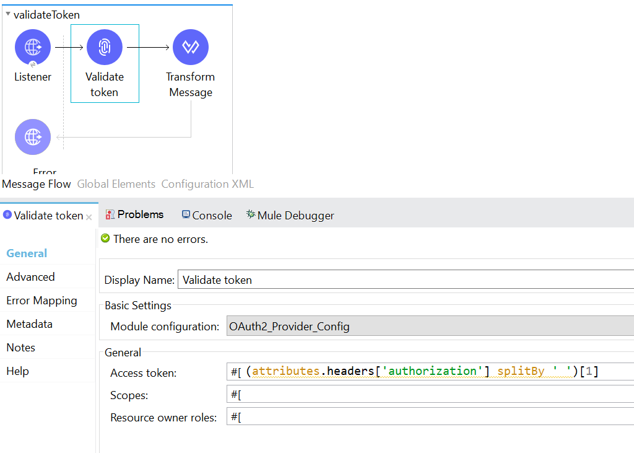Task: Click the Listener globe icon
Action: click(33, 47)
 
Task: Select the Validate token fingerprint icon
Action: click(104, 47)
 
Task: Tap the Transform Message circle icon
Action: click(191, 47)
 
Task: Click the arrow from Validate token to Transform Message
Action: click(148, 47)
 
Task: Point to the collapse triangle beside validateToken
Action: click(7, 14)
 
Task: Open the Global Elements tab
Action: click(116, 184)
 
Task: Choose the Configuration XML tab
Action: click(207, 184)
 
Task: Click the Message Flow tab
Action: click(37, 184)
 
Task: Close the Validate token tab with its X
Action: click(89, 218)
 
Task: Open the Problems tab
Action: click(134, 214)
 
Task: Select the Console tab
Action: click(207, 216)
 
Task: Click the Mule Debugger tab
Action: click(290, 216)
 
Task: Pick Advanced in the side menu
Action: click(31, 277)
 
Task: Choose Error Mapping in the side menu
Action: click(41, 301)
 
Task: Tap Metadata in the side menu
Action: click(30, 324)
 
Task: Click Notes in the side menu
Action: click(20, 347)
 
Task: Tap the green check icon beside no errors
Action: click(105, 239)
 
